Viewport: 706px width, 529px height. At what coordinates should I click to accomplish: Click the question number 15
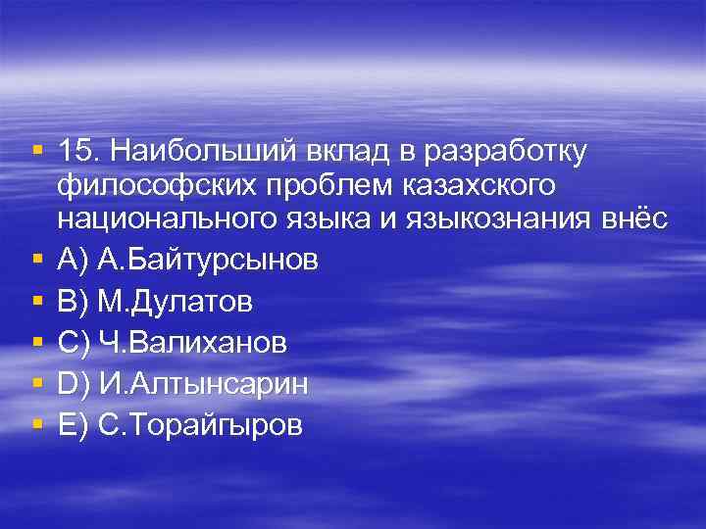click(77, 153)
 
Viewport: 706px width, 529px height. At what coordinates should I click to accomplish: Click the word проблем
click(313, 185)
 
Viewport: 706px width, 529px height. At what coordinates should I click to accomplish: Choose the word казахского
click(470, 185)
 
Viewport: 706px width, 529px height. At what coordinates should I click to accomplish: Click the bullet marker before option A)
click(36, 261)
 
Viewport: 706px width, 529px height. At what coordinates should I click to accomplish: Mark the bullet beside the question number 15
click(36, 152)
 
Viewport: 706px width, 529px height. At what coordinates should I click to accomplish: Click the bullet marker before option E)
click(36, 425)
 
